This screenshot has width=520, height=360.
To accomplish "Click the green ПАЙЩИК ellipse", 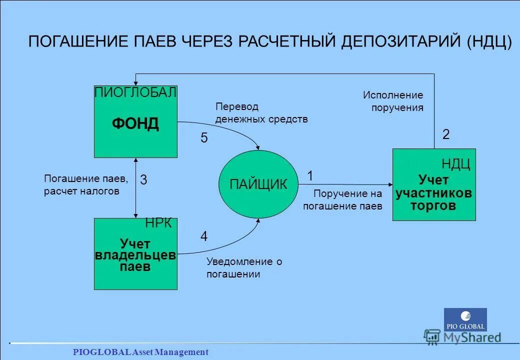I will click(258, 184).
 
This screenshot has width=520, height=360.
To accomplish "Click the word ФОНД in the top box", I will click(135, 123).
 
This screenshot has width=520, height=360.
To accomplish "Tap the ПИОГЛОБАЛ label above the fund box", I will click(135, 92).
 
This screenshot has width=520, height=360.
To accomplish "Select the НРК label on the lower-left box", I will click(158, 223).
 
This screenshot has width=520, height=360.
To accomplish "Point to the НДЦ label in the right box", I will click(455, 164).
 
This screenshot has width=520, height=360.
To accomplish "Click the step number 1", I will click(310, 176).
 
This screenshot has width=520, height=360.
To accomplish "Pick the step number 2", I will click(446, 134).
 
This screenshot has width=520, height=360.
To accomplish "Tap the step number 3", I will click(143, 180).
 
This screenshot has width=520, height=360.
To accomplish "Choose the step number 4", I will click(204, 236).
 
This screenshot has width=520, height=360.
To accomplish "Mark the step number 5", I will click(204, 138).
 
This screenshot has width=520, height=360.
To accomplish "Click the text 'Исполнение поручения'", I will click(393, 101).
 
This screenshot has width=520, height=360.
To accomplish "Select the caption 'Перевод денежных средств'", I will click(261, 113).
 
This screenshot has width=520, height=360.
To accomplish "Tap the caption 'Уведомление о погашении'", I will click(244, 267).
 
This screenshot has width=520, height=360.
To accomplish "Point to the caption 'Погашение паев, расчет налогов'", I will click(86, 184).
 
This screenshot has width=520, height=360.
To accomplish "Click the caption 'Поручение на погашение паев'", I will click(342, 199).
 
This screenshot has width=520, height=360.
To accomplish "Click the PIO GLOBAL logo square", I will click(465, 319).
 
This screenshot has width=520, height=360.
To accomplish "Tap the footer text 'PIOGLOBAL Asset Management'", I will click(140, 352).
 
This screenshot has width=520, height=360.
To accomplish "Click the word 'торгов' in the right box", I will click(433, 205).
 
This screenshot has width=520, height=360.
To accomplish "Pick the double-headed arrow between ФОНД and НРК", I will click(136, 187).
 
